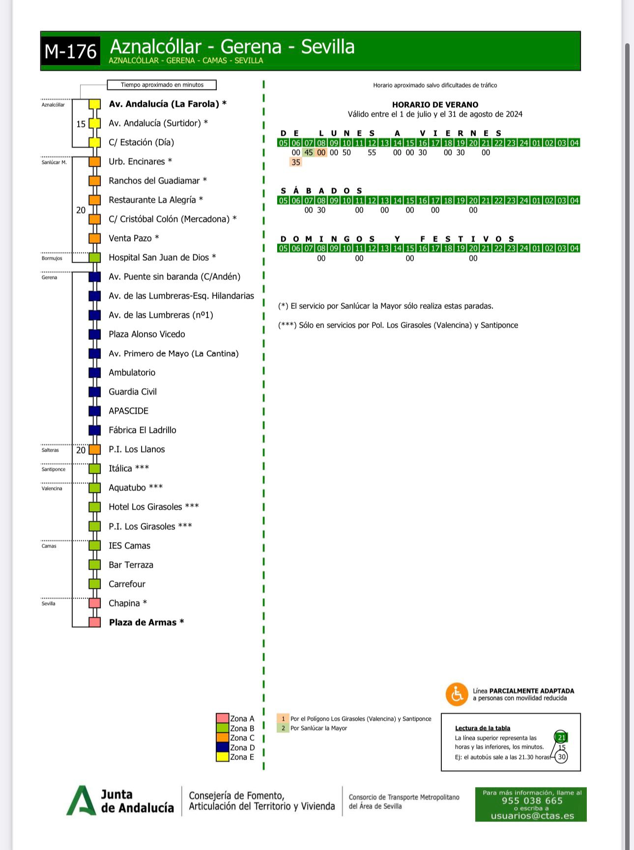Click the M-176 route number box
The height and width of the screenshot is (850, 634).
pos(70,51)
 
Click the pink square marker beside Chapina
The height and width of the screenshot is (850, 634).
pos(95,603)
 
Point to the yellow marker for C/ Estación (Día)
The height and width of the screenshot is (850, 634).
pos(95,143)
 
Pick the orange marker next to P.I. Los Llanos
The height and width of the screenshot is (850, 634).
pos(95,449)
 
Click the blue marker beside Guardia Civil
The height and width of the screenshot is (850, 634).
pos(95,392)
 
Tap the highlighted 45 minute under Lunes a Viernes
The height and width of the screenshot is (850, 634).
pos(309,152)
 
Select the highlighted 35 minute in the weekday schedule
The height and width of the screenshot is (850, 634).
pos(296,162)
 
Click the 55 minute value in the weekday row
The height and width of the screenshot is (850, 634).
pos(372,152)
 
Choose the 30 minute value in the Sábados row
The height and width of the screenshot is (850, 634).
pos(321,210)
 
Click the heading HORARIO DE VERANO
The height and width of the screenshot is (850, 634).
pos(435,105)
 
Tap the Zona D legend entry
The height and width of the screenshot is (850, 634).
pos(242,748)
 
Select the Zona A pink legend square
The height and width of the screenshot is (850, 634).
pos(223,719)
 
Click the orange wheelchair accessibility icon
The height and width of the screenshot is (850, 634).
pos(457,694)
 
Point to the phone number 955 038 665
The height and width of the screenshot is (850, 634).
pos(532,800)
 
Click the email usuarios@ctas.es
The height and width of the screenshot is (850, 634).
pos(532,816)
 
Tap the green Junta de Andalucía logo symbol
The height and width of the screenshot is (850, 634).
pos(81,801)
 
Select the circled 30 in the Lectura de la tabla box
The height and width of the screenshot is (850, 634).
pos(562,757)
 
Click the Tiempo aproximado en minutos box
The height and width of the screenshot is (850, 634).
pos(162,85)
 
